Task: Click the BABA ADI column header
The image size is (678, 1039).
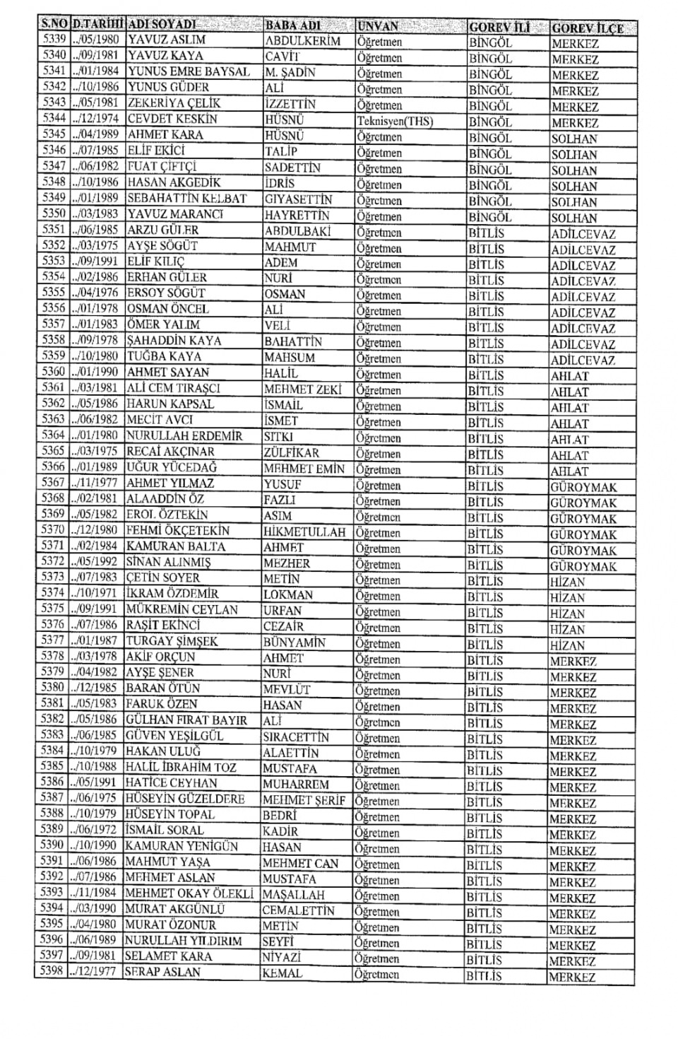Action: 292,25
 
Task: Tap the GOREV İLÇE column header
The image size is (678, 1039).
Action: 588,28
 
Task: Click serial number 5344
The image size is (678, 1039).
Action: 54,118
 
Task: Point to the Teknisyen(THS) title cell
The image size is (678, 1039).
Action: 395,121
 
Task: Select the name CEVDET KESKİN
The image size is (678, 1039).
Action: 172,119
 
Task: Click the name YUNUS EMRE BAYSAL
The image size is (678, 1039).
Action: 189,71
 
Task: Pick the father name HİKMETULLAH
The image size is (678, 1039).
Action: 304,532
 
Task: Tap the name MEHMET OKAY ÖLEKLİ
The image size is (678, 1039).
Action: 189,893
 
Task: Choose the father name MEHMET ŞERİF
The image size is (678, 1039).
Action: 304,800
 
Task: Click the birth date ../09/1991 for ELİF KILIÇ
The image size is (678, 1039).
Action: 95,262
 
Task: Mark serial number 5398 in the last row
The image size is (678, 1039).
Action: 52,971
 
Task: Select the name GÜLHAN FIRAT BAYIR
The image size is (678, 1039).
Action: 186,720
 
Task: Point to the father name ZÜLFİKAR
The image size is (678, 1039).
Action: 291,452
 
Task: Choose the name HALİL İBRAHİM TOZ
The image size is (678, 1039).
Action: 181,768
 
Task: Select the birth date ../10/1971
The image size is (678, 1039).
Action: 95,594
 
